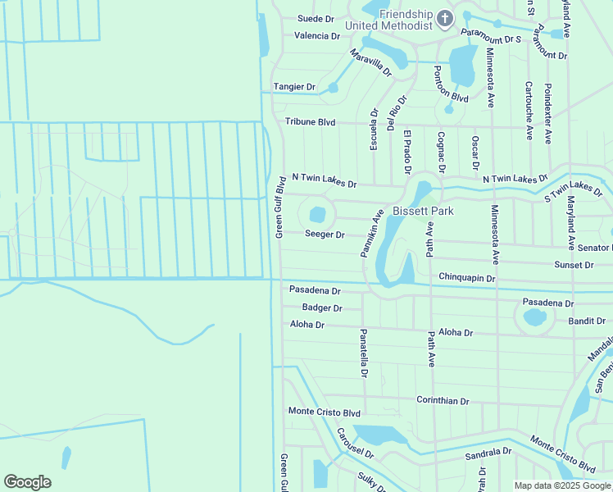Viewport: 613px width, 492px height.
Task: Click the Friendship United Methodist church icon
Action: coord(444,17)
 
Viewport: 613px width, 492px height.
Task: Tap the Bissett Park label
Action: coord(423,211)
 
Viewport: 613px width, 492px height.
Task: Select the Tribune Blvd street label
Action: coord(311,122)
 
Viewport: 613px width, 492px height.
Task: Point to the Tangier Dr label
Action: coord(294,87)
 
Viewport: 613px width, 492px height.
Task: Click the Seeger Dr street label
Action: coord(325,235)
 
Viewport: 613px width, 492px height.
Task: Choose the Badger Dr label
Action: coord(322,308)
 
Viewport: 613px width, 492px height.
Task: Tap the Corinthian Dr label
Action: coord(443,402)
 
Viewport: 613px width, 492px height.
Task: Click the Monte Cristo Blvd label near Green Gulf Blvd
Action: coord(325,412)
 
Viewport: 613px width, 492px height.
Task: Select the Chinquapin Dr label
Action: coord(467,279)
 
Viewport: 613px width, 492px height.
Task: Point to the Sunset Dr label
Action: coord(574,266)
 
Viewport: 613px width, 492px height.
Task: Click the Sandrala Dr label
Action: coord(488,453)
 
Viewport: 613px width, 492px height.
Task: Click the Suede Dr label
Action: coord(316,18)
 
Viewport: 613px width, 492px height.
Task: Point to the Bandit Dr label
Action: coord(587,321)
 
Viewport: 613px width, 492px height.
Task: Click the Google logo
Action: coord(27,482)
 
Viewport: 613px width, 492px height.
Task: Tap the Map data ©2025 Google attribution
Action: coord(562,485)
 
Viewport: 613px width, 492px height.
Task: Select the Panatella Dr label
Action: coord(363,353)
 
